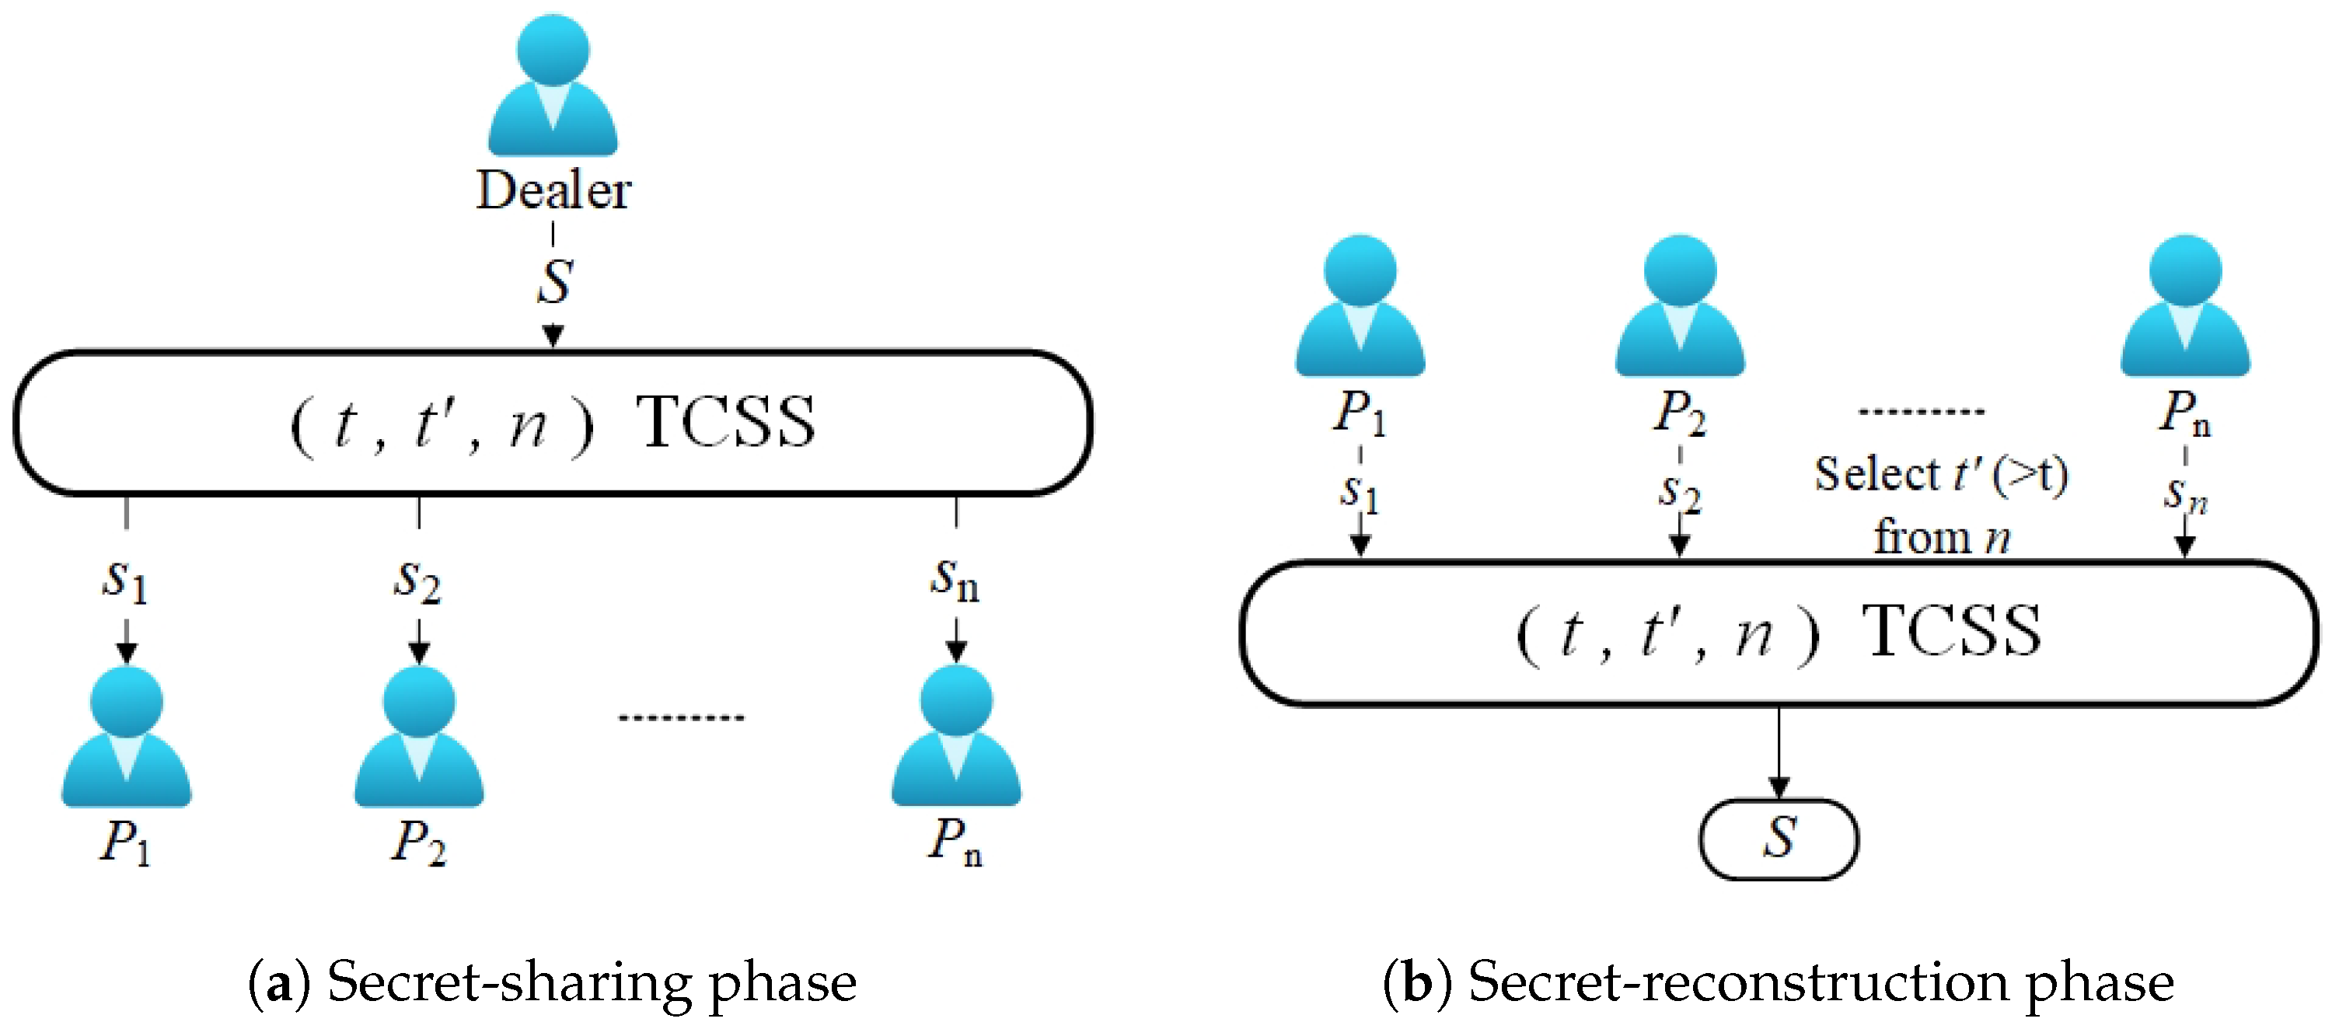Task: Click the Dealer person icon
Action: coord(553,86)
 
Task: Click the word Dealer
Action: coord(553,191)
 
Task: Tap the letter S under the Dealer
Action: coord(554,281)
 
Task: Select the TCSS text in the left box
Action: coord(725,423)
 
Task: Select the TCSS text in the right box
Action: coord(1951,631)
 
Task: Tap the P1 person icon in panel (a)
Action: coord(126,738)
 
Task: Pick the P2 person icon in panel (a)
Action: coord(418,738)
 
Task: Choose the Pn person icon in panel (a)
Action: coord(956,738)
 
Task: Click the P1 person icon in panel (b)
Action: coord(1360,308)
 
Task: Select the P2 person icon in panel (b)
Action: coord(1680,308)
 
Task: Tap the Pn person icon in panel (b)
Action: coord(2185,308)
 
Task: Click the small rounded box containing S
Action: coord(1779,839)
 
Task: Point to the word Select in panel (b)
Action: coord(1877,473)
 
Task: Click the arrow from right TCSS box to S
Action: coord(1779,752)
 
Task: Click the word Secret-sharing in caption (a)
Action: coord(508,982)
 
